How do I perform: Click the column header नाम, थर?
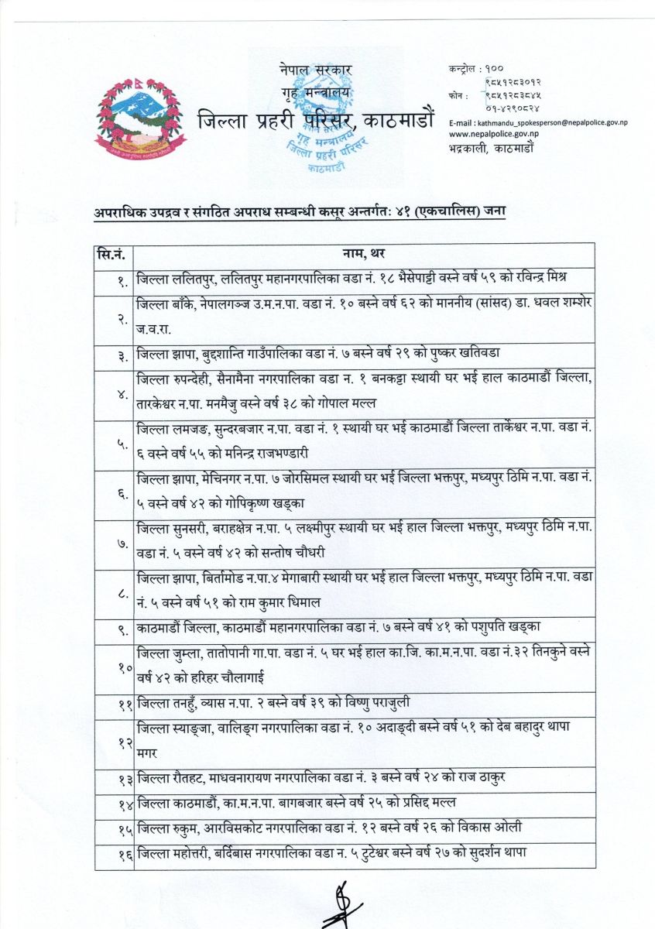(x=364, y=254)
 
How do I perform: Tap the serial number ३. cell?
(x=122, y=355)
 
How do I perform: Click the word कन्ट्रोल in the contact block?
(x=464, y=69)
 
